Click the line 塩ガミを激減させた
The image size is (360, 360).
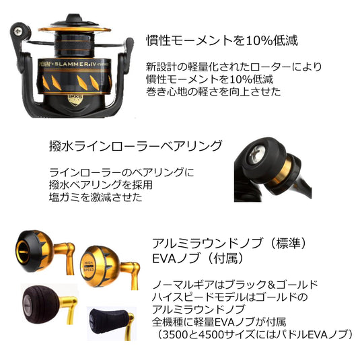coord(96,197)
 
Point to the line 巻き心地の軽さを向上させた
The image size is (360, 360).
coord(213,92)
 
